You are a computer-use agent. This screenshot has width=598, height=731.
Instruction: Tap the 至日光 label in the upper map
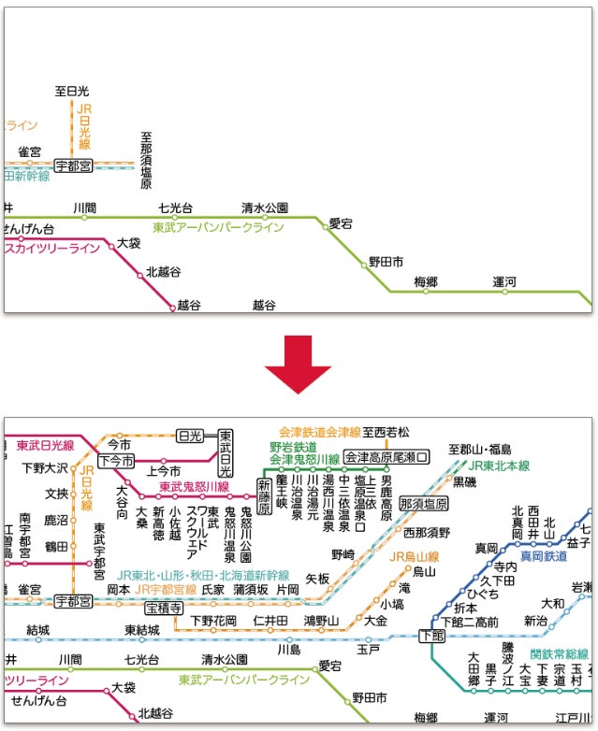(x=71, y=92)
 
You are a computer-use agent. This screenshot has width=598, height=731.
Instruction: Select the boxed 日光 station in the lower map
(x=190, y=437)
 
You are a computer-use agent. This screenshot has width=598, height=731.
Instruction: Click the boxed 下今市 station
(x=115, y=460)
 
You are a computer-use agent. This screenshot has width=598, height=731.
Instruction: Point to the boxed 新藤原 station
(x=265, y=489)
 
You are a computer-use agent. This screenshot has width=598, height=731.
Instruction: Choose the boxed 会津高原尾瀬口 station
(x=386, y=458)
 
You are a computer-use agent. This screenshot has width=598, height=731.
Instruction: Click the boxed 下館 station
(x=432, y=636)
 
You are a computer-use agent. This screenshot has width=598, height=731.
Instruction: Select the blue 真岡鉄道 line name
(x=544, y=555)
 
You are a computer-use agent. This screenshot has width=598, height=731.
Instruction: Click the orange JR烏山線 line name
(x=413, y=557)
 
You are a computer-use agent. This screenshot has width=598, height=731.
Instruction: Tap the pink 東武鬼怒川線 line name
(x=194, y=487)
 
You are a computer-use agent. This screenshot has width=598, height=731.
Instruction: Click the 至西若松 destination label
(x=387, y=432)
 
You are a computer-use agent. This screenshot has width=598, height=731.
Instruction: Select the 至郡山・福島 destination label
(x=479, y=449)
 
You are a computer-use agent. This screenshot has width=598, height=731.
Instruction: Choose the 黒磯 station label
(x=464, y=481)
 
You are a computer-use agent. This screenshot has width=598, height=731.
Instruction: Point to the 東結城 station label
(x=142, y=630)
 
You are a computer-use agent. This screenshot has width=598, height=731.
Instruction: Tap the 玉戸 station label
(x=368, y=648)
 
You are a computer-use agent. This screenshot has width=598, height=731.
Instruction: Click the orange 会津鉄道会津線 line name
(x=319, y=433)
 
